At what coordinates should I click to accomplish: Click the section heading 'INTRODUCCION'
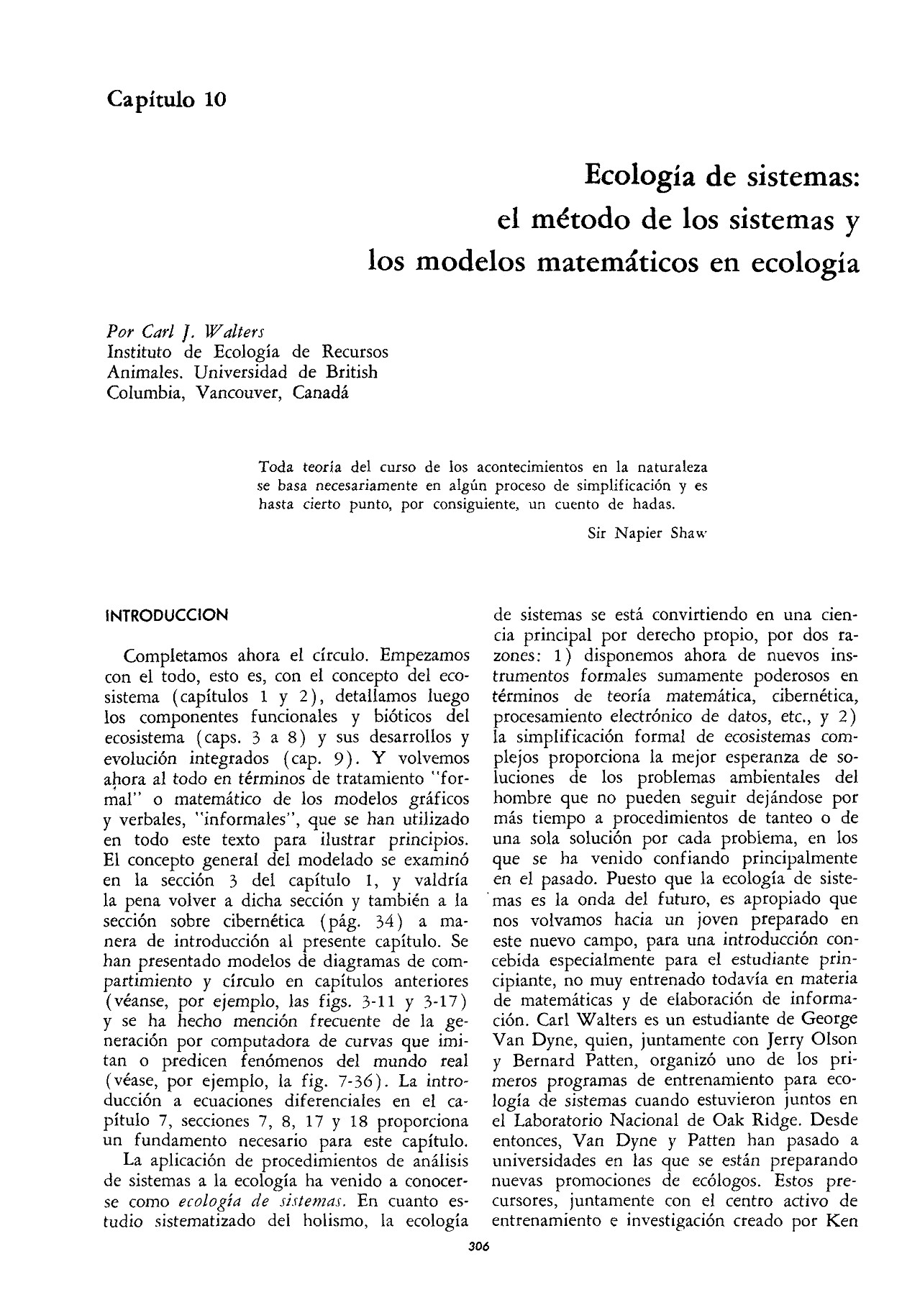(167, 616)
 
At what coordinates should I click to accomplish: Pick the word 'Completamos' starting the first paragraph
(173, 657)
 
